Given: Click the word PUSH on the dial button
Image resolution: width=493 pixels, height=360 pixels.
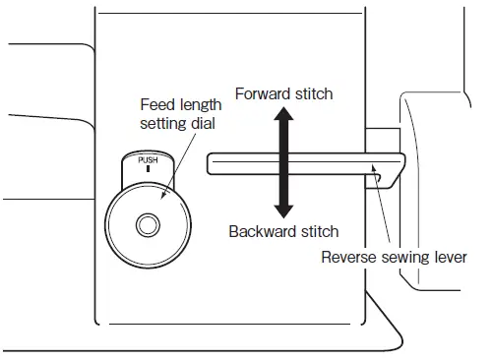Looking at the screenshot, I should (148, 158).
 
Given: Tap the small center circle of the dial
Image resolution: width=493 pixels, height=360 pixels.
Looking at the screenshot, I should (148, 225).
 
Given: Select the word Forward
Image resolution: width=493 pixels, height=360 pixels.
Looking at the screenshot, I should (261, 94).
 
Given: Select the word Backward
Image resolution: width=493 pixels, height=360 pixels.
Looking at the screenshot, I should (263, 232).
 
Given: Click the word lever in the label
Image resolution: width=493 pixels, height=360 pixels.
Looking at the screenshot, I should (446, 259).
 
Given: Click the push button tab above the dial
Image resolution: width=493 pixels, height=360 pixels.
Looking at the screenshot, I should (148, 167).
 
